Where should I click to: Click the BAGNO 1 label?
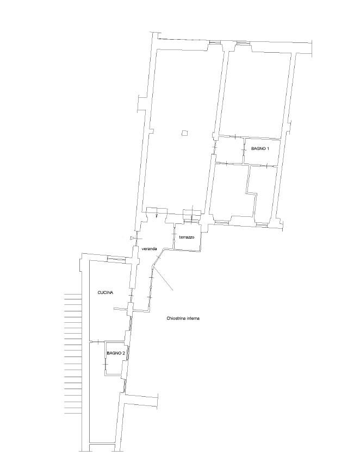[x=260, y=149]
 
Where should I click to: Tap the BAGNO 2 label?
[x=116, y=353]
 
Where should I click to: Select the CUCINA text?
[x=105, y=293]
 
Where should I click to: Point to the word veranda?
[x=148, y=249]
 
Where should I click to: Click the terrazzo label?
[x=187, y=237]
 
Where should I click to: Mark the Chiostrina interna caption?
[x=183, y=318]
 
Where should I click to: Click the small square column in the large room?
[x=185, y=133]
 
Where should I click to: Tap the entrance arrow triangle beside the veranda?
[x=132, y=238]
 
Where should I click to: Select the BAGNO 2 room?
[x=115, y=358]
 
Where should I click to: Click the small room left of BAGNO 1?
[x=229, y=150]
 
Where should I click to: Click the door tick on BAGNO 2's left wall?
[x=105, y=364]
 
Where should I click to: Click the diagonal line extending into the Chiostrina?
[x=163, y=277]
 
